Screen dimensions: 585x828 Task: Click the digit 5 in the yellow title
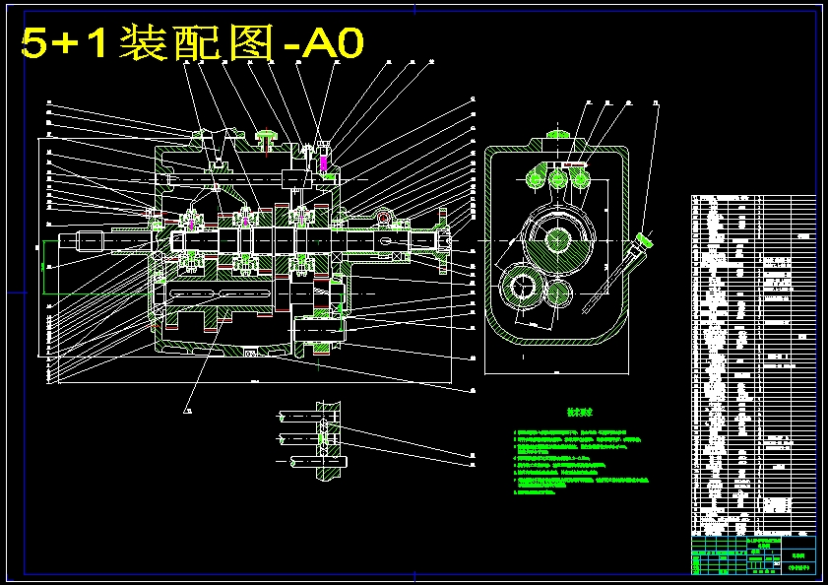35,42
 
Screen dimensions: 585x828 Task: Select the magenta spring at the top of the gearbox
325,159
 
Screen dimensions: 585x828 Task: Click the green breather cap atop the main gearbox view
267,137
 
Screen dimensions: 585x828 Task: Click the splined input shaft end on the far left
89,238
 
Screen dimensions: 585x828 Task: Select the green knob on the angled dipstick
646,238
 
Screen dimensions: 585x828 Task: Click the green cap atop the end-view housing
559,135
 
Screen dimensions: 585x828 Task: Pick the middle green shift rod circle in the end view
558,178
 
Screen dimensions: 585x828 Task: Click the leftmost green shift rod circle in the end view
537,178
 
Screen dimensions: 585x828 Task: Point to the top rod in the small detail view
295,414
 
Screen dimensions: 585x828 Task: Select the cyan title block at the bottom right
753,556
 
